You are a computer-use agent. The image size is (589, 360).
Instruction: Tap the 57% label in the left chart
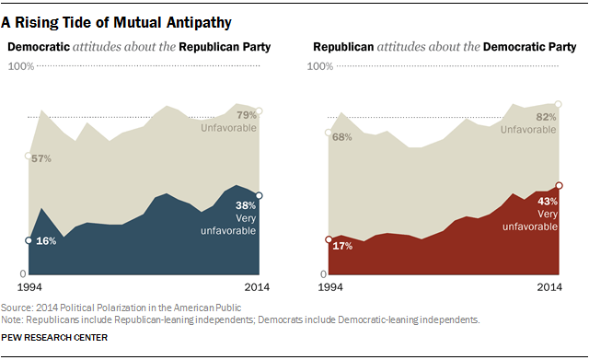42,158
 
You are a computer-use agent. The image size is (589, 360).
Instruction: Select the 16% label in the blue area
45,240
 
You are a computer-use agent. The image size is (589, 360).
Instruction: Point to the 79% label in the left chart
247,115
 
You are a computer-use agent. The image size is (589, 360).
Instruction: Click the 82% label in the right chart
545,118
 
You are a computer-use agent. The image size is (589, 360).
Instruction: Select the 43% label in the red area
549,200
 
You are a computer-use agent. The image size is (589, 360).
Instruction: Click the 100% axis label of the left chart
21,66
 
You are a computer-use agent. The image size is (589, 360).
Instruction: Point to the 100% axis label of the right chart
320,66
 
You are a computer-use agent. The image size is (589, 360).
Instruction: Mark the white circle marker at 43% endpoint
560,185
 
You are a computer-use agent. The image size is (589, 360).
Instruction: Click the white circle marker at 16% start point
29,240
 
